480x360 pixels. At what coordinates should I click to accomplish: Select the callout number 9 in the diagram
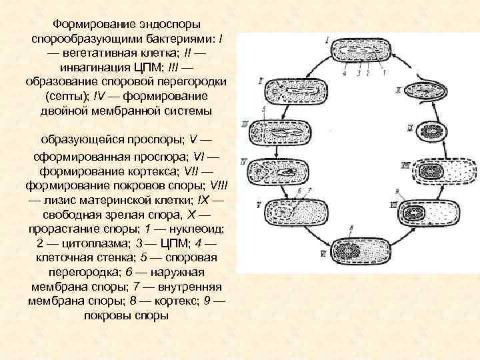pos(396,191)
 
